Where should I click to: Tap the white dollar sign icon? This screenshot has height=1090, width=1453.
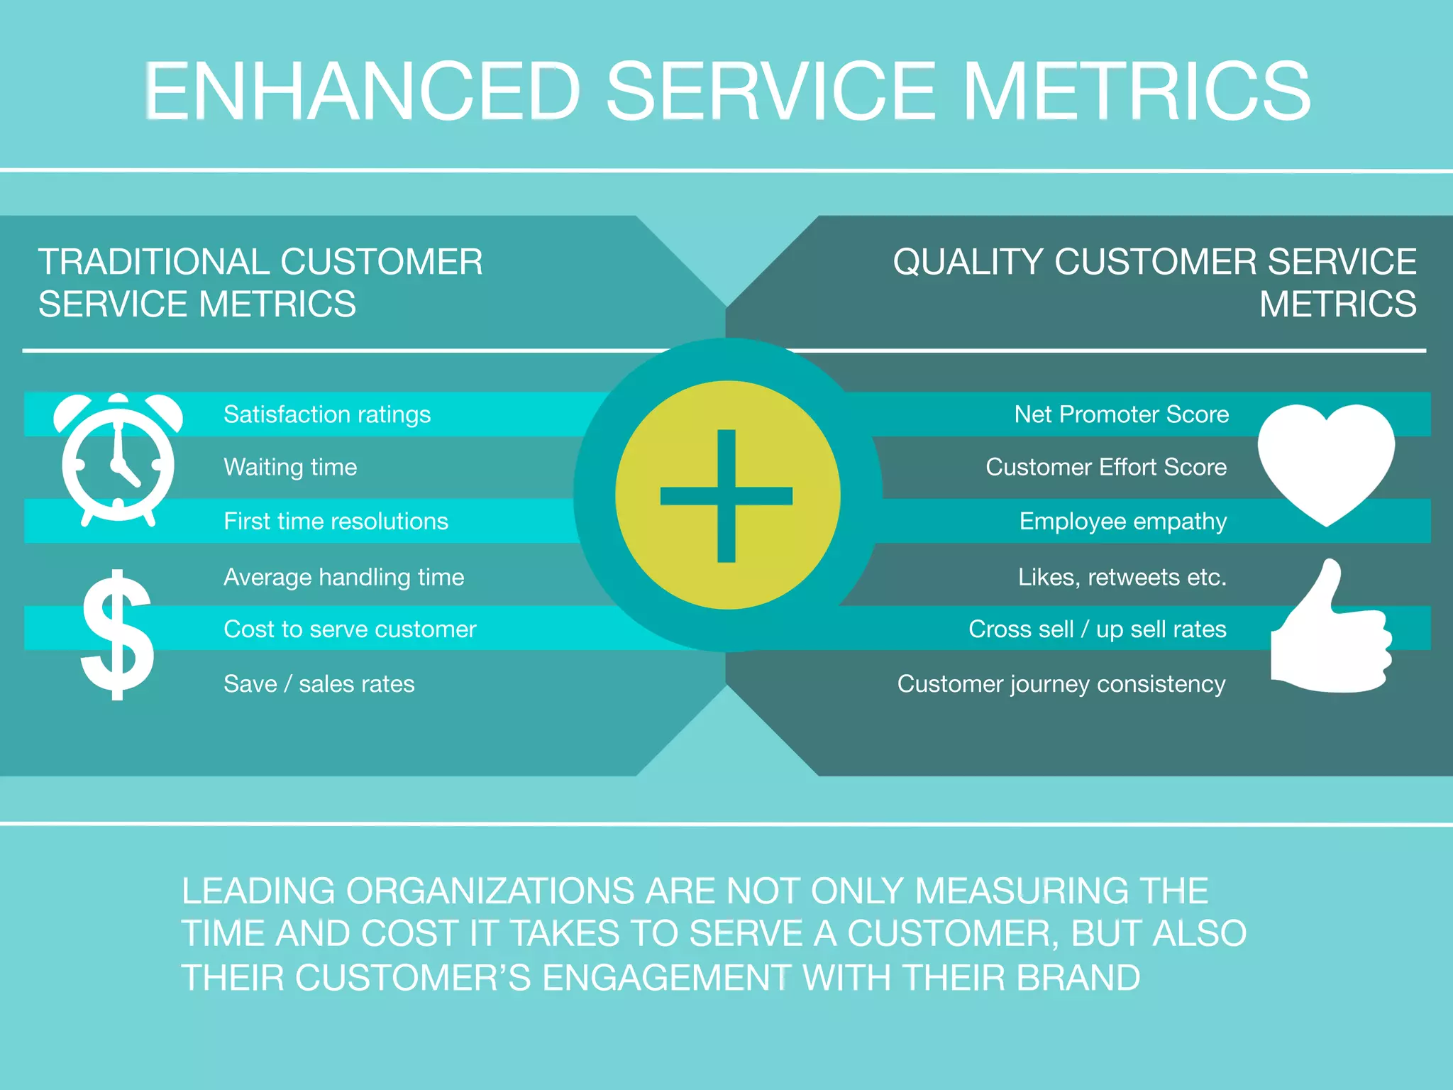pos(117,634)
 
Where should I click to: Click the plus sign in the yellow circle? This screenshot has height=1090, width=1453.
pos(726,495)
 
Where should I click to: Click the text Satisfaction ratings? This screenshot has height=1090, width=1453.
pos(327,414)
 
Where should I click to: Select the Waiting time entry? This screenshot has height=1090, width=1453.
pos(290,467)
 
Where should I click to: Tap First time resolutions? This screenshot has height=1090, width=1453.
pos(336,522)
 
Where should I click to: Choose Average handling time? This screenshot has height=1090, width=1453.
pos(343,577)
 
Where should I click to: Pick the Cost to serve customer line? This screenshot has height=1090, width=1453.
pos(350,629)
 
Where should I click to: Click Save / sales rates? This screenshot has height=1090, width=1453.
pos(319,684)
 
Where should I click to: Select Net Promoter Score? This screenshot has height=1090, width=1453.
pos(1121,414)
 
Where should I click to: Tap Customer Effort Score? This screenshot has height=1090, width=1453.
pos(1105,467)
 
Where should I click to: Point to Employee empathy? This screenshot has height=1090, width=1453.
pos(1122,522)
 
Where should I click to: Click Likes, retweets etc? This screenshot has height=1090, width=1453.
pos(1122,577)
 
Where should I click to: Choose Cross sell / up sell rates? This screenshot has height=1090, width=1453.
pos(1097,629)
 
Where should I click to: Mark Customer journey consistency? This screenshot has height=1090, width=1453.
pos(1061,684)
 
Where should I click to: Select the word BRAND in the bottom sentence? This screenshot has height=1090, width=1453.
pos(1078,978)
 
